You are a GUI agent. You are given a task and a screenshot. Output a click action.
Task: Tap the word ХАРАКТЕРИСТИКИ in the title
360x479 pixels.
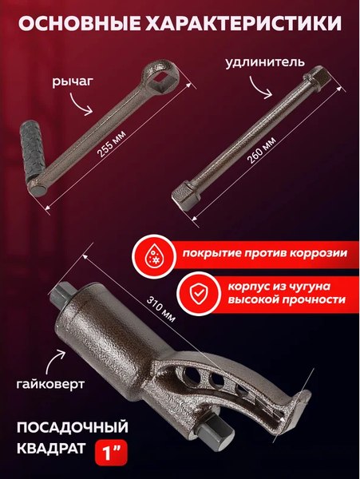(x=248, y=23)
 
